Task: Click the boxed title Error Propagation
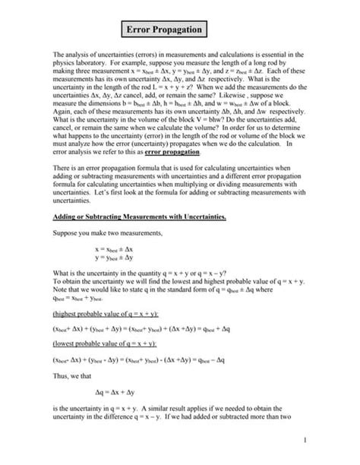[x=166, y=30]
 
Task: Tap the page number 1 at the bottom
[x=324, y=439]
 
